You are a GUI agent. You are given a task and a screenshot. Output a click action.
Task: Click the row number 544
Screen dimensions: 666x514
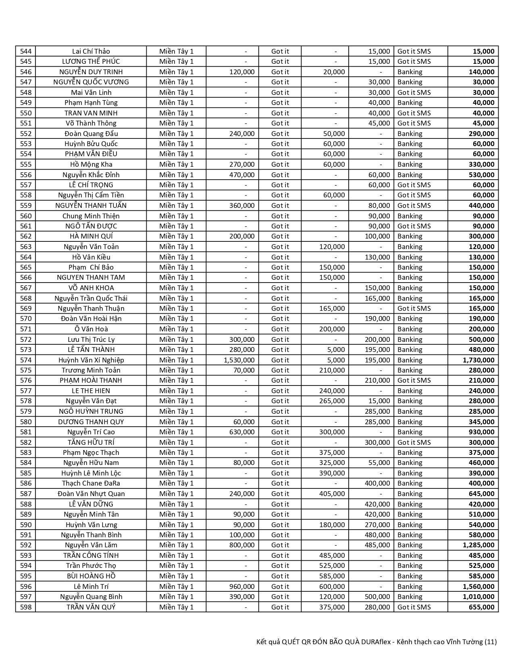pos(25,51)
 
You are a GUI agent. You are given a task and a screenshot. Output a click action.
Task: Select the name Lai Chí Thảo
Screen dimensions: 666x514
pos(91,51)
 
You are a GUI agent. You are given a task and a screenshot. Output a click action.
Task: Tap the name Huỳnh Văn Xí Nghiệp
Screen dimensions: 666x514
pos(91,360)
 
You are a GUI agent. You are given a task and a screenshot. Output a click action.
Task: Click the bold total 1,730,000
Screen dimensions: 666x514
pos(478,360)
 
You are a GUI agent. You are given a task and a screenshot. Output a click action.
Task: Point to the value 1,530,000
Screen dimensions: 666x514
pos(239,360)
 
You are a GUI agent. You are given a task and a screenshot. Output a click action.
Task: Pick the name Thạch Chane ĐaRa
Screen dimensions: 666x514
pos(91,483)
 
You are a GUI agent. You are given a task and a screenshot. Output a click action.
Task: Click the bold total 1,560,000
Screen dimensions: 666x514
pos(478,586)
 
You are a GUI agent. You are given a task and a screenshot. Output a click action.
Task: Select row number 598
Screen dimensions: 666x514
pos(25,607)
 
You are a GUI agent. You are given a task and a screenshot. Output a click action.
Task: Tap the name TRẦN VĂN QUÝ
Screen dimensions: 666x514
pos(91,607)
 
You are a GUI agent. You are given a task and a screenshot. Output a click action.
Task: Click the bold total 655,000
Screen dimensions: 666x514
pos(481,607)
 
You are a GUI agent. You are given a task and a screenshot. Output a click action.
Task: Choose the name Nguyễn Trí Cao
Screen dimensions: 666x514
pos(91,432)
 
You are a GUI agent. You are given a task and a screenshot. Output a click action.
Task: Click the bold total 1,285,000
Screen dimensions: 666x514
pos(478,545)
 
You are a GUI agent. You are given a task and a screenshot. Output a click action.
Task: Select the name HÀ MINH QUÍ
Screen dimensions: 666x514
pos(91,236)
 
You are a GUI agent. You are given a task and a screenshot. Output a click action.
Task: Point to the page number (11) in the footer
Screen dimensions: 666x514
pos(490,642)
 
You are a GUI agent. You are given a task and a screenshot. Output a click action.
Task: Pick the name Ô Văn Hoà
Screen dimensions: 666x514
pos(91,329)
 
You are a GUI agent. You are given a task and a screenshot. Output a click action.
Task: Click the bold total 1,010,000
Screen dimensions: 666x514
pos(478,597)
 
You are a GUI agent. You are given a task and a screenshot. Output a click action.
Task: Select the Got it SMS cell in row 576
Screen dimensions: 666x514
pos(414,380)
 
